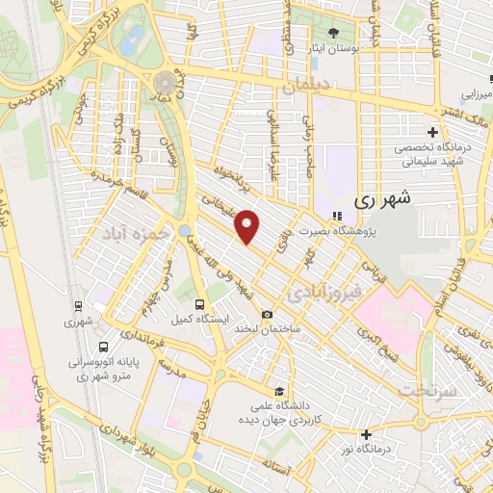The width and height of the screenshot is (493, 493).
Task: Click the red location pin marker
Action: (248, 226)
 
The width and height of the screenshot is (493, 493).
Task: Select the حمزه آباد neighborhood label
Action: (140, 232)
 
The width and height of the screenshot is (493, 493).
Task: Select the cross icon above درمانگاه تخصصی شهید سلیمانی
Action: (433, 132)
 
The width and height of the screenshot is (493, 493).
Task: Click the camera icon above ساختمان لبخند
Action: (267, 315)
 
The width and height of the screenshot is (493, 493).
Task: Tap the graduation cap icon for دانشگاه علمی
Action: (279, 391)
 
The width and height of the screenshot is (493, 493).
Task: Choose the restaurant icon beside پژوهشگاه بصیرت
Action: (335, 216)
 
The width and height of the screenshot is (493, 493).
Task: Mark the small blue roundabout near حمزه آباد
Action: (184, 230)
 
